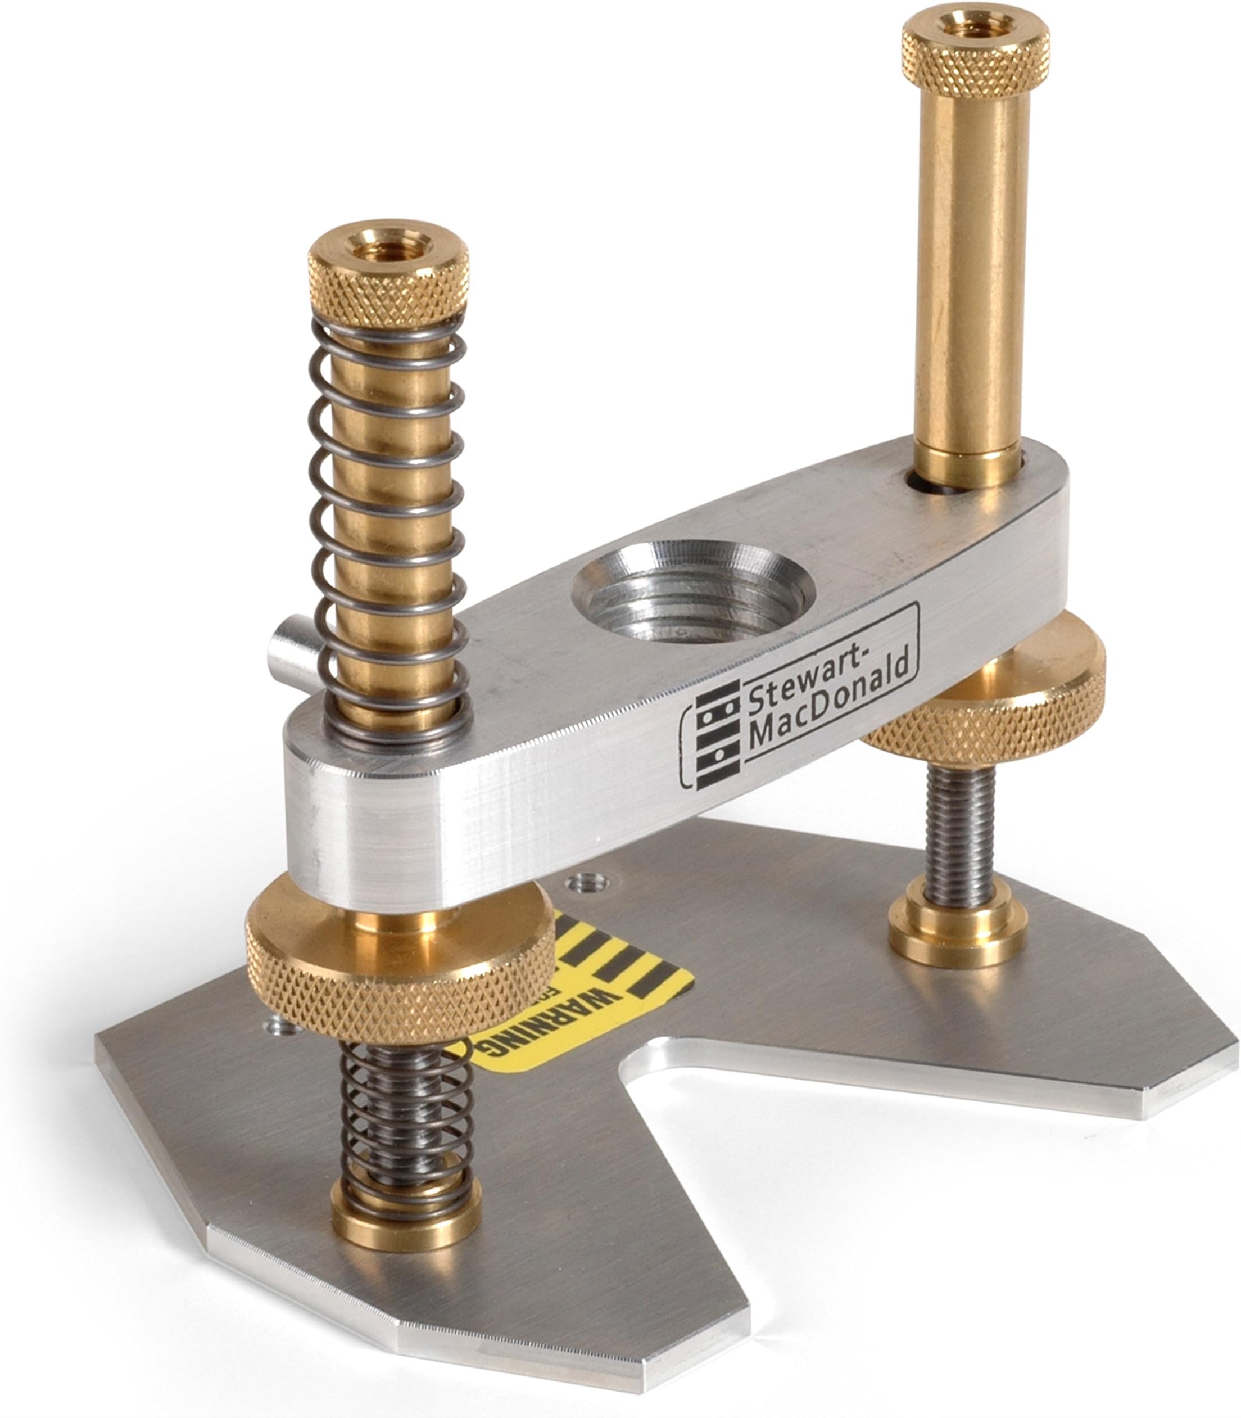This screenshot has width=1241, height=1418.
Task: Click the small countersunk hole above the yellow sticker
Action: [587, 882]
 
